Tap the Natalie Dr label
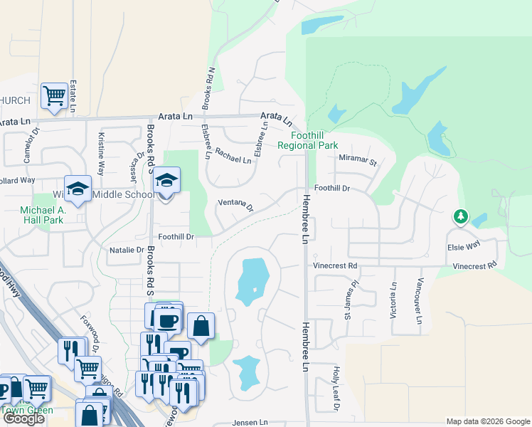click(x=127, y=251)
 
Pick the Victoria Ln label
click(x=393, y=299)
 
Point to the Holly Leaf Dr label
click(x=336, y=389)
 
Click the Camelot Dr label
click(x=28, y=148)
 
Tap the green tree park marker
click(x=461, y=216)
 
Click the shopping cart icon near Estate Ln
click(x=54, y=95)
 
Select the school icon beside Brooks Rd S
click(x=166, y=181)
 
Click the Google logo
click(x=23, y=418)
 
